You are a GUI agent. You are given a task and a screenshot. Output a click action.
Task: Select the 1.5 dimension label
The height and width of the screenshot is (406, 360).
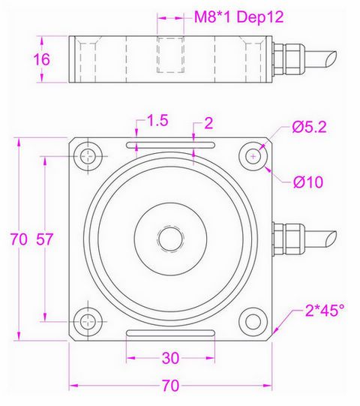(x=157, y=121)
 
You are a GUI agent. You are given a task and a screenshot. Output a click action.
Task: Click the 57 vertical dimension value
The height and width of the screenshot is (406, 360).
(x=46, y=239)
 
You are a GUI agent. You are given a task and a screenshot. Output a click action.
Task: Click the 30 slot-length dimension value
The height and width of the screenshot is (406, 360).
(x=171, y=359)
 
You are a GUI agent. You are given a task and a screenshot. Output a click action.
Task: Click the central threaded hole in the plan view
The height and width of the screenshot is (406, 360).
(x=170, y=239)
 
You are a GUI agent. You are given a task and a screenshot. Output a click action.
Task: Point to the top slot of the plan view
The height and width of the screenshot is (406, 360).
(x=171, y=146)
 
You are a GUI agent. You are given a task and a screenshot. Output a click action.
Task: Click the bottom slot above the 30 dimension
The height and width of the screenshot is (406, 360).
(x=171, y=332)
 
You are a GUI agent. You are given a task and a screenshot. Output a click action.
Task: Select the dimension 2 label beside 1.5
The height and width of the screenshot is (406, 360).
(x=208, y=122)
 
